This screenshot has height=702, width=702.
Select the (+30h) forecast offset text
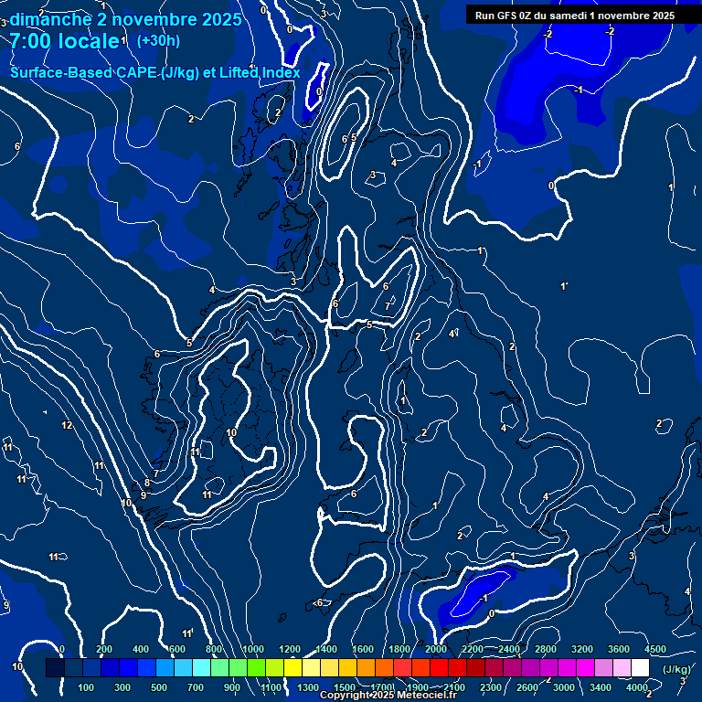[158, 40]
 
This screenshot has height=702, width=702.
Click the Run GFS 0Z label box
[574, 15]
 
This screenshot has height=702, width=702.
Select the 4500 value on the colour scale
[654, 649]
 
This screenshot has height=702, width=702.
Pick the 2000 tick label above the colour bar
[436, 649]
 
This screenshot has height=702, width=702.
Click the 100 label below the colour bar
[87, 687]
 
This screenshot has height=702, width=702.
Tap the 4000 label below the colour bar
[637, 687]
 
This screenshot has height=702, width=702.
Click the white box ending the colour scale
[640, 668]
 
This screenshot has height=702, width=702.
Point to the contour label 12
[67, 426]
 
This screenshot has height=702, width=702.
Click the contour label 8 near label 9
[147, 484]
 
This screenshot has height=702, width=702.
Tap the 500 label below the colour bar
[160, 687]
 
